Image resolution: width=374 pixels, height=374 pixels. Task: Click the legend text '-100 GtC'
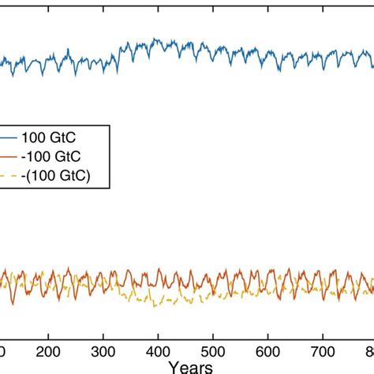(55, 156)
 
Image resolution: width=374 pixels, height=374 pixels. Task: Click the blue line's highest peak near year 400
(155, 38)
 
